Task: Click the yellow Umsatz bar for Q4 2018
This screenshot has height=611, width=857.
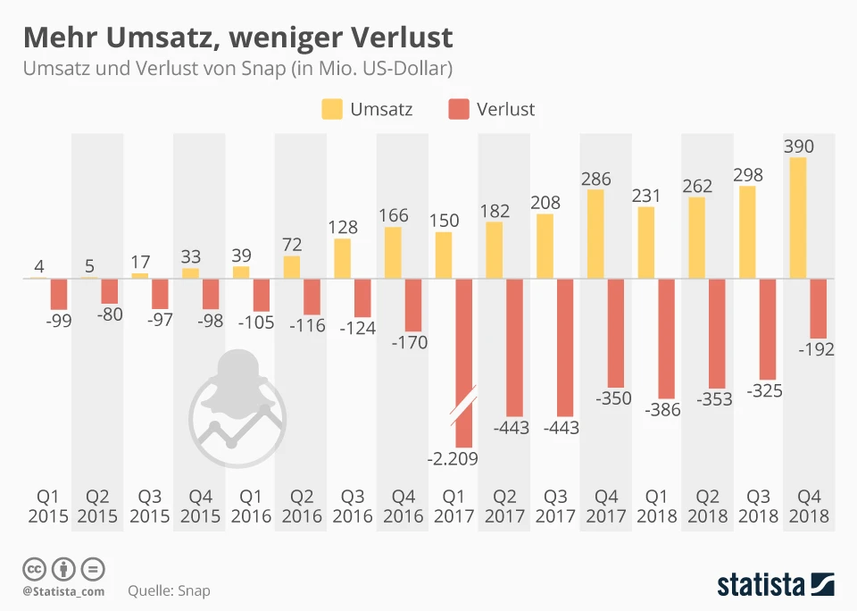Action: pos(798,218)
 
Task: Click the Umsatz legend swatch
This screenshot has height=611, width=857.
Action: pos(332,110)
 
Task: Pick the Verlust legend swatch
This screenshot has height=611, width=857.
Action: pos(458,110)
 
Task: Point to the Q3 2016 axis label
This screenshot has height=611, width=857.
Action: pos(353,506)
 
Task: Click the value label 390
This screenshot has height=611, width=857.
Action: pos(799,146)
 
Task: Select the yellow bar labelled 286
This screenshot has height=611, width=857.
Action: pos(595,234)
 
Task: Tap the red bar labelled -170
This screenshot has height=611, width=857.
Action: pos(412,305)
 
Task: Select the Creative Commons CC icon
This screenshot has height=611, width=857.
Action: pos(34,568)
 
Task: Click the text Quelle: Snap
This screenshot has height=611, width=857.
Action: pos(169,590)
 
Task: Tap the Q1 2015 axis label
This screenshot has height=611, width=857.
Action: pos(46,506)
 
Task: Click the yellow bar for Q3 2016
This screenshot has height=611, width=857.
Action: pos(342,258)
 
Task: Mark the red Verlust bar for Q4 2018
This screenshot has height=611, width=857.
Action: pos(817,307)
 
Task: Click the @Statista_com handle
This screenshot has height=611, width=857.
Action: pos(63,590)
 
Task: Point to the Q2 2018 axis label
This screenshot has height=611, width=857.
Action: pos(708,506)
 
